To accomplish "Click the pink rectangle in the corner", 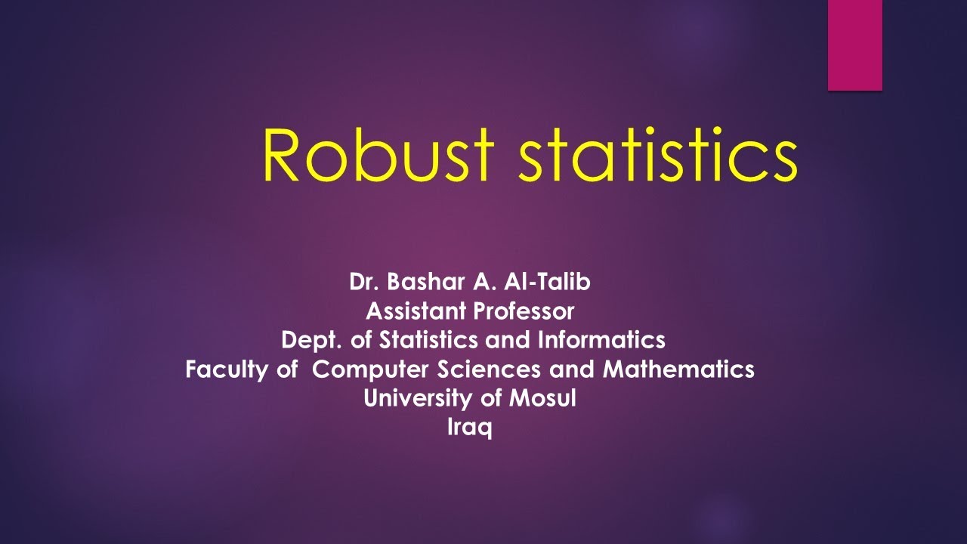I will tap(855, 45).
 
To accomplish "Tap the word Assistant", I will tap(415, 311).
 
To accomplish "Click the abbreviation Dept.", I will tap(313, 340).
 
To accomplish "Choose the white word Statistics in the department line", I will tap(428, 340).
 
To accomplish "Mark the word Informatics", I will tap(601, 340).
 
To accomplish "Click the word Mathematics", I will tap(678, 369).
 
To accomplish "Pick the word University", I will tap(419, 398).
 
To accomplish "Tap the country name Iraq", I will tap(470, 428).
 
